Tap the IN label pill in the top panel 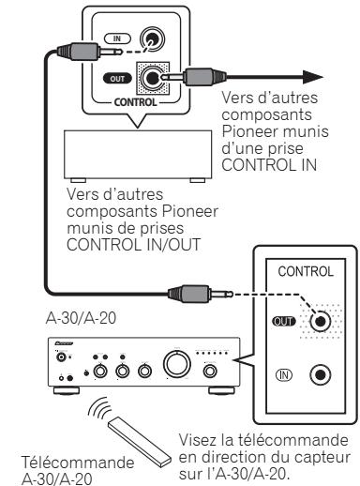click(x=116, y=39)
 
